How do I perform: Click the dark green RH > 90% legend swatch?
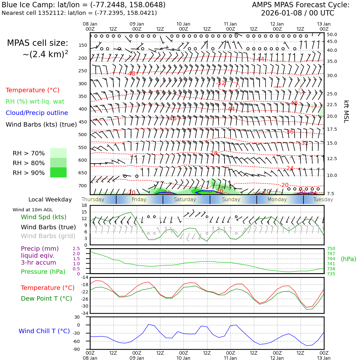[x=58, y=172]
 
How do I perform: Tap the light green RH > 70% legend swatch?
[x=58, y=153]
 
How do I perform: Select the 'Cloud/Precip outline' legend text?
[x=37, y=113]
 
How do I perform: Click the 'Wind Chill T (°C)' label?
[x=44, y=331]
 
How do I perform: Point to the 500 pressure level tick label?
[x=82, y=135]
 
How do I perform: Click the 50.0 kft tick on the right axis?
[x=332, y=34]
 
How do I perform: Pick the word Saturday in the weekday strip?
[x=185, y=200]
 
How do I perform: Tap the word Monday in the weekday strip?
[x=277, y=200]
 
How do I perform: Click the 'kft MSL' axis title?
[x=346, y=111]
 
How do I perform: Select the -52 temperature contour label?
[x=221, y=83]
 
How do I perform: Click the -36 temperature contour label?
[x=290, y=132]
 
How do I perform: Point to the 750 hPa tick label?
[x=331, y=249]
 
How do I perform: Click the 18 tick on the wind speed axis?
[x=84, y=205]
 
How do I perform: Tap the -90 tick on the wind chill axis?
[x=84, y=349]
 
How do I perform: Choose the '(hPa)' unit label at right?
[x=348, y=259]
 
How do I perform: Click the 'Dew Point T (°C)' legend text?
[x=46, y=298]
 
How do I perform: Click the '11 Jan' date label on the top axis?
[x=230, y=24]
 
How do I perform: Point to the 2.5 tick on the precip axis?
[x=76, y=249]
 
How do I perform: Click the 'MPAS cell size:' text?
[x=38, y=43]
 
